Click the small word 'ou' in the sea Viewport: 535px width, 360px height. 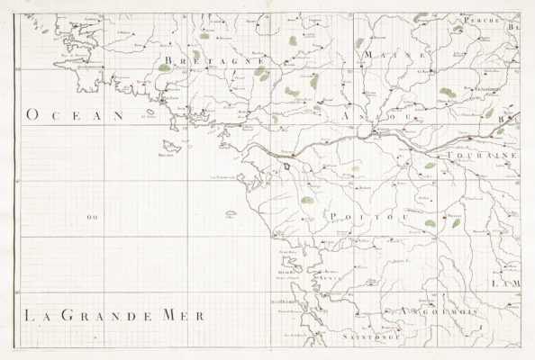(x=90, y=217)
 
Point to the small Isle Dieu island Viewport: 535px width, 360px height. (x=231, y=214)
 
